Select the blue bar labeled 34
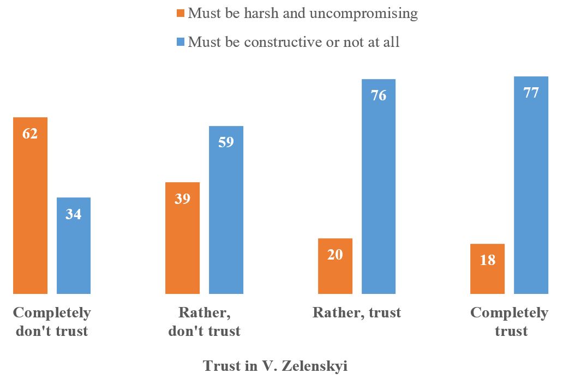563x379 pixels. [74, 245]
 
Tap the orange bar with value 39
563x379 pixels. [182, 238]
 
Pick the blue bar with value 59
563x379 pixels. [226, 210]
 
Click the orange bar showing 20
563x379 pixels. [335, 266]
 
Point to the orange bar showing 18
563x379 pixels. [488, 269]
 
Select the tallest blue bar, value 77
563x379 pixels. [531, 185]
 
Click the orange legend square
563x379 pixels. [181, 13]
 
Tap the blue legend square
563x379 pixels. [181, 42]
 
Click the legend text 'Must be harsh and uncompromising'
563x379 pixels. [303, 13]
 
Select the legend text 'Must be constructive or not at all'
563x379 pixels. [294, 42]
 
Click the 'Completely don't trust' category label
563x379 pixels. [52, 322]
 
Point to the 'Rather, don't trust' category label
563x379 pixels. [205, 322]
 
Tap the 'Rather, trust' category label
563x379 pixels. [357, 312]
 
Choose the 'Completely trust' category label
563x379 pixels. [510, 322]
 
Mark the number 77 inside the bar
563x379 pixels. [531, 93]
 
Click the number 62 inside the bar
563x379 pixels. [30, 133]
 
